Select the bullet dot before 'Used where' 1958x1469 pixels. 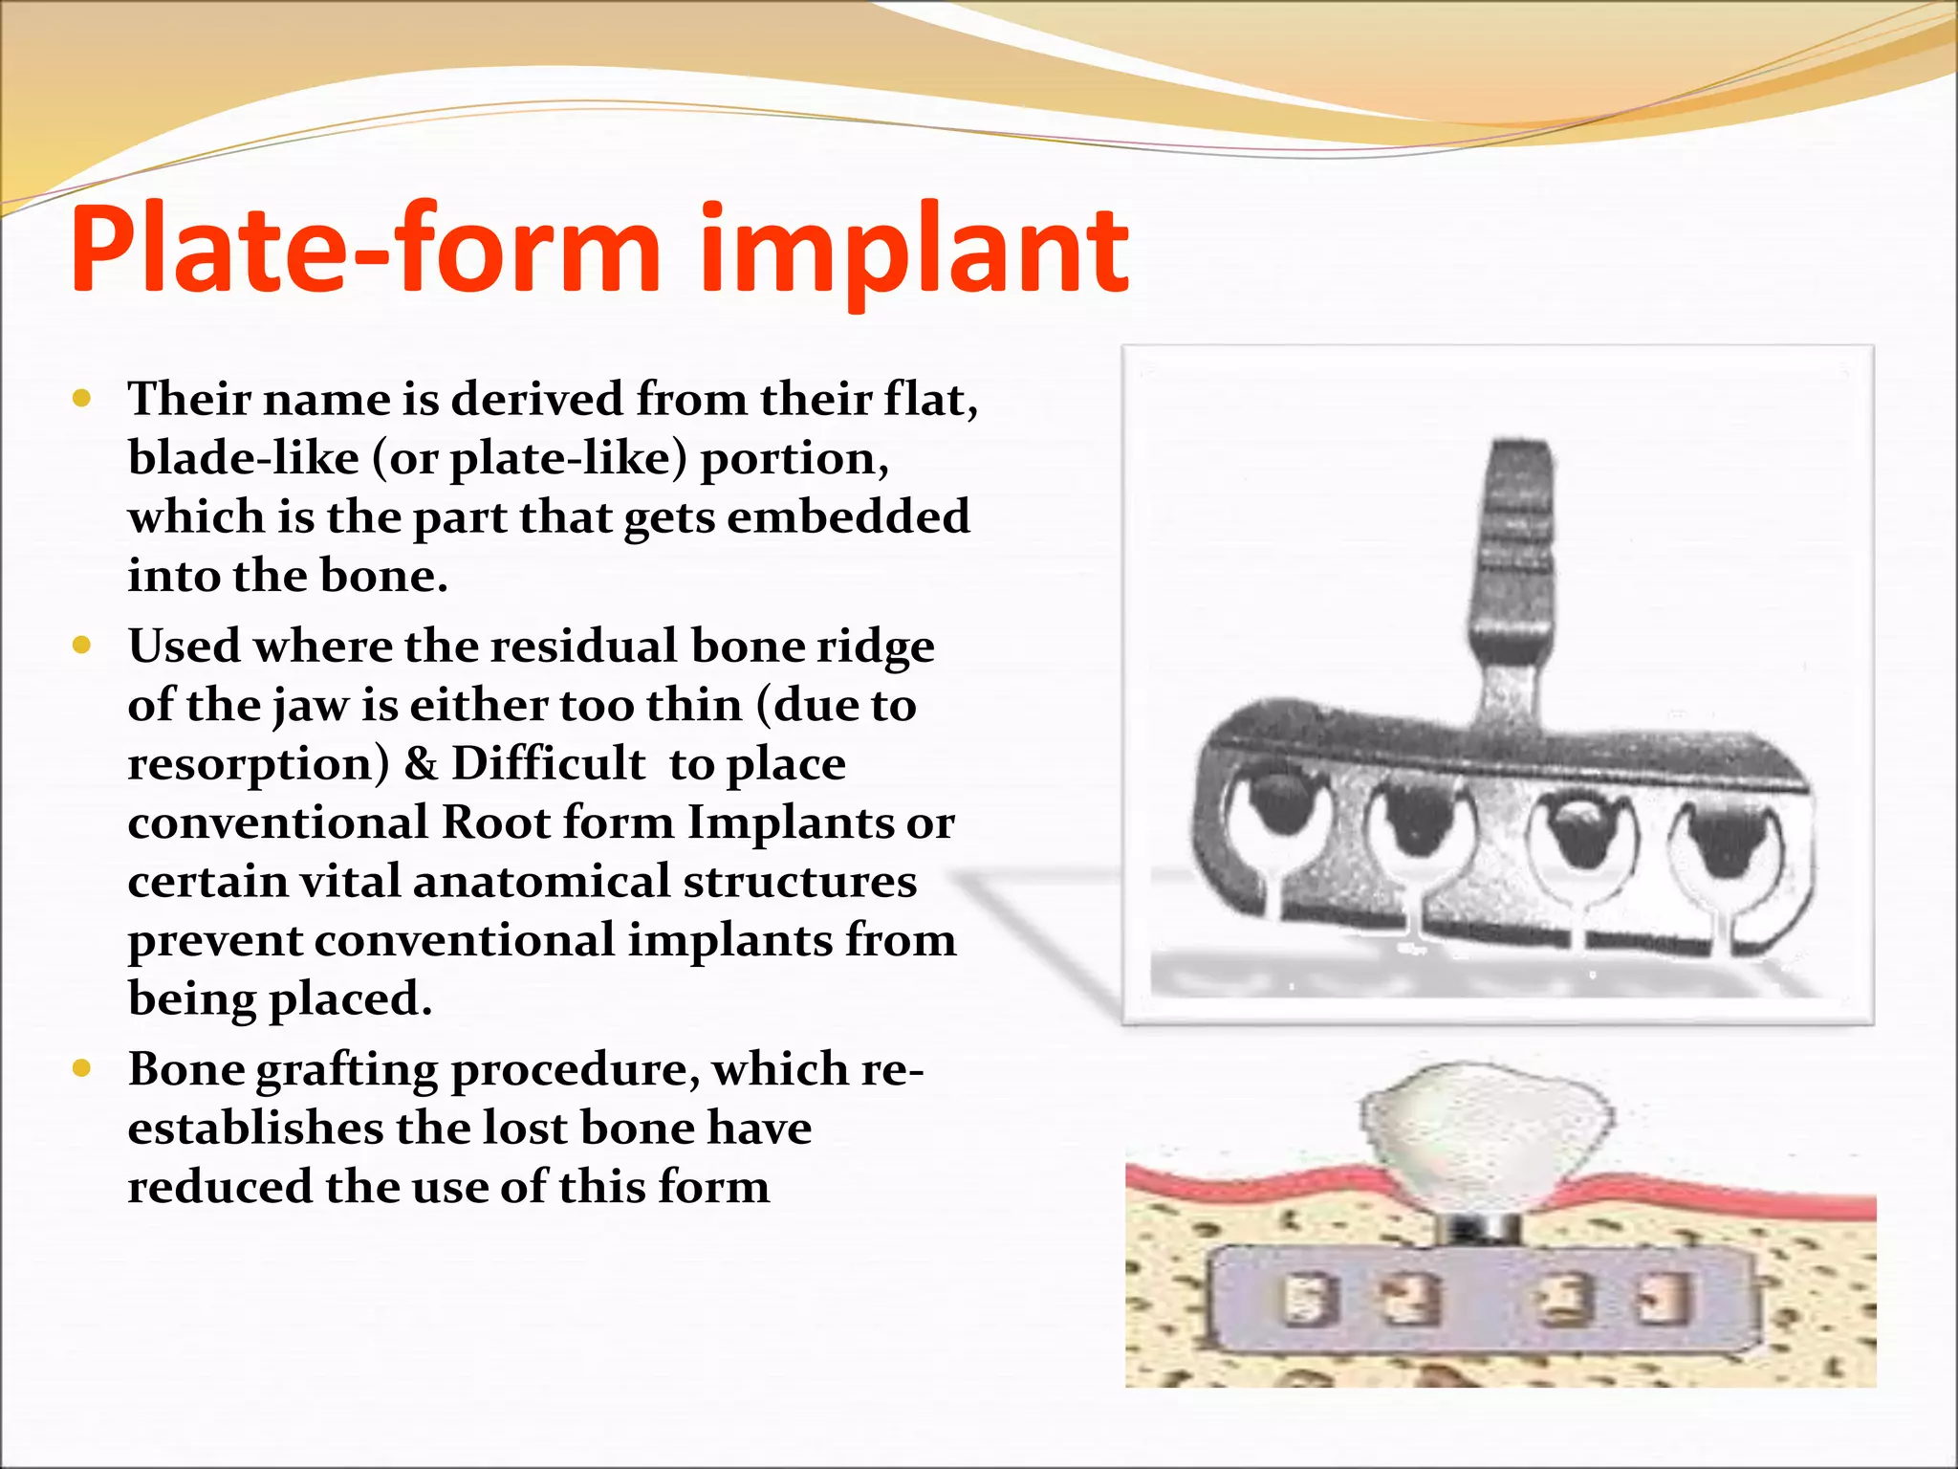[82, 646]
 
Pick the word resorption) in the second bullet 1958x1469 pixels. [258, 764]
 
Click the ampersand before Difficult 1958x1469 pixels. [421, 764]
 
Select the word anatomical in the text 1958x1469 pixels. [541, 881]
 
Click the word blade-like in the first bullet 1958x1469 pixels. [244, 458]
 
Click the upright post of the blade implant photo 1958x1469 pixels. [1513, 555]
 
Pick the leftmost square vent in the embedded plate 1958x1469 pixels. [1304, 1300]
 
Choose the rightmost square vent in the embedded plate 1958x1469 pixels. [1664, 1300]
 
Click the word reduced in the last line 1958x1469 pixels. [220, 1187]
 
